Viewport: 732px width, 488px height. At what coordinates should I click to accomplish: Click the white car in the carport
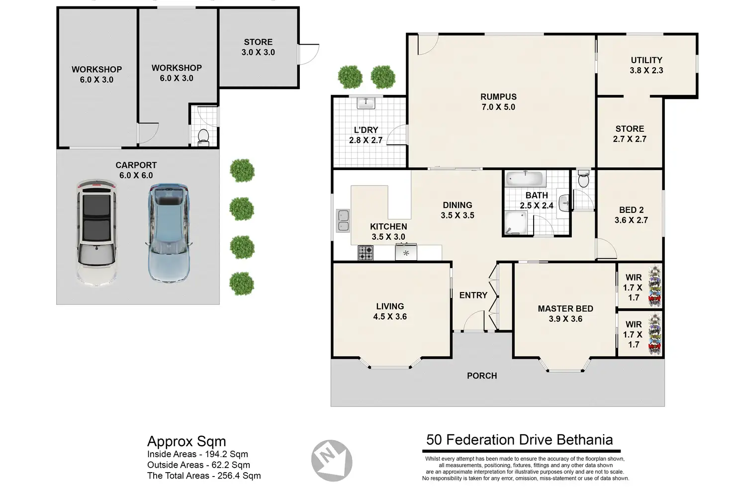[96, 233]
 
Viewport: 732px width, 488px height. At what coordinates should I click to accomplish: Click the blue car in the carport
[169, 233]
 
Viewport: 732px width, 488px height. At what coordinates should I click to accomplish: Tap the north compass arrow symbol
[332, 461]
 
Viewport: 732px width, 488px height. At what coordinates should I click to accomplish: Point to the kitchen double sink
[343, 221]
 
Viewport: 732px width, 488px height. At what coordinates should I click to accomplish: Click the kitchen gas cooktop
[366, 253]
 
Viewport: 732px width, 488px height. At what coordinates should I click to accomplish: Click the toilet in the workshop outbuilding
[203, 137]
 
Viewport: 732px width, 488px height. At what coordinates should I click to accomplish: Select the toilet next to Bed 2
[583, 179]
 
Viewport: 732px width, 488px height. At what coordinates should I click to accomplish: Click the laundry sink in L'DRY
[366, 103]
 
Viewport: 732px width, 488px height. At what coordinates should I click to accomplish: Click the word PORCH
[482, 376]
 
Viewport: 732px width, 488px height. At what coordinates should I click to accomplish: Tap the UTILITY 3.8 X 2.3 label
[646, 65]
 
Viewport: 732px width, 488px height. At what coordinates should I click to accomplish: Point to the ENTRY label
[473, 295]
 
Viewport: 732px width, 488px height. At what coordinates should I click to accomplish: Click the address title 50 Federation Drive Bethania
[519, 440]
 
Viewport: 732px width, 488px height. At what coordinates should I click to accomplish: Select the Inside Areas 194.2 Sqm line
[197, 454]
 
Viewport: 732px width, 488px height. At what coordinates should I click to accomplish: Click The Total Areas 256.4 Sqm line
[204, 476]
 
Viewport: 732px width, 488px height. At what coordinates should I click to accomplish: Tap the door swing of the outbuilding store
[308, 54]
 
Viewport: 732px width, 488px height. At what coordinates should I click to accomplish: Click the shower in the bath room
[516, 222]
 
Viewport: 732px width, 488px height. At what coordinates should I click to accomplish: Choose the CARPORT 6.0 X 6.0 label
[136, 170]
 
